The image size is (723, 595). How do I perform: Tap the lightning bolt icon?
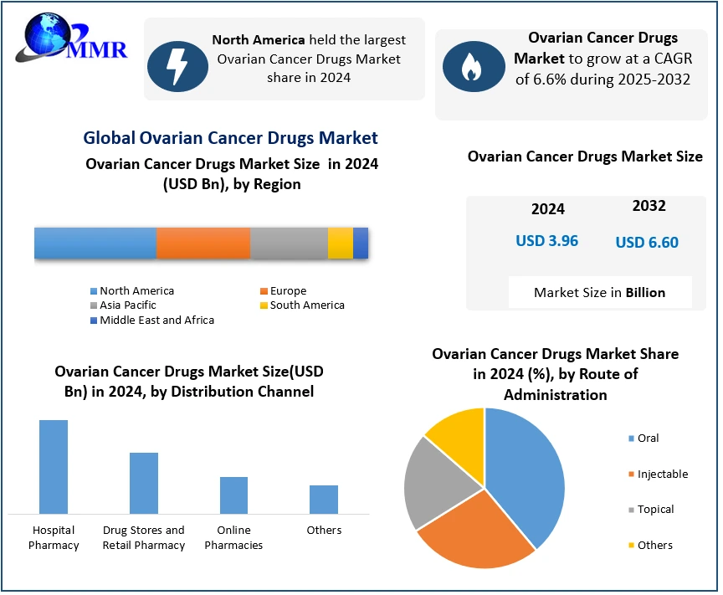177,65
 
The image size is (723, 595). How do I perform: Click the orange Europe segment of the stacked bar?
203,243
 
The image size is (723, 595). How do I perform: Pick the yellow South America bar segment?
340,243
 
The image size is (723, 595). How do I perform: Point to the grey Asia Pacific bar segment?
289,243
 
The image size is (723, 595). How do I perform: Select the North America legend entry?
136,290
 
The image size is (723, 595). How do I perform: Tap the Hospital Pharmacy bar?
54,466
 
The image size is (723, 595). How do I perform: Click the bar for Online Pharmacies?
233,495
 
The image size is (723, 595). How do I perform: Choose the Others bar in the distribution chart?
324,499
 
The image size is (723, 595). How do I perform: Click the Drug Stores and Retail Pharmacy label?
144,537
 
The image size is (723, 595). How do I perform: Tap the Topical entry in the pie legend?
654,509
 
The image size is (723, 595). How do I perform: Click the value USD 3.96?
546,241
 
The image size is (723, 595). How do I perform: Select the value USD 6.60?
647,243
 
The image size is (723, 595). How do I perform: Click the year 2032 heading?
649,206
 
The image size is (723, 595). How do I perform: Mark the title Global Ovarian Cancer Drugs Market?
231,138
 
